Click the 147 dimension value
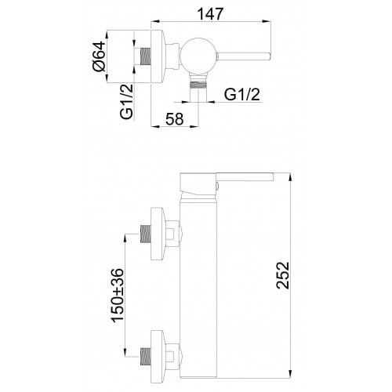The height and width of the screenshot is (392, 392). click(210, 14)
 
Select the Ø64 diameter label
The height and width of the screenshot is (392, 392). click(99, 56)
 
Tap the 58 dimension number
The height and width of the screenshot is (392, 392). click(175, 119)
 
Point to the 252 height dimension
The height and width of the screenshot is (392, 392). click(283, 275)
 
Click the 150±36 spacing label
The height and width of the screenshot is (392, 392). click(117, 295)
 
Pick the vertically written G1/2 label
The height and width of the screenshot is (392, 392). click(127, 102)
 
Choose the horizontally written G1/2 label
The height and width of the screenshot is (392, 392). click(242, 94)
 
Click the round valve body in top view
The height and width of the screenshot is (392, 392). click(198, 56)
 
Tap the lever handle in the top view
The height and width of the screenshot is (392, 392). click(244, 56)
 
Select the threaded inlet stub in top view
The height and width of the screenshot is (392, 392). click(146, 56)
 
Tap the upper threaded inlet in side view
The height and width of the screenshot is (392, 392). click(146, 234)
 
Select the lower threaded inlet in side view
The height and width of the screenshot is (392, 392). click(146, 357)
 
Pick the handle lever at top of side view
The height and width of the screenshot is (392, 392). click(245, 177)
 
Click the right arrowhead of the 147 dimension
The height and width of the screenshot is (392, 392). click(267, 21)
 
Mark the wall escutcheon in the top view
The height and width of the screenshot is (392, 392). click(158, 56)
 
